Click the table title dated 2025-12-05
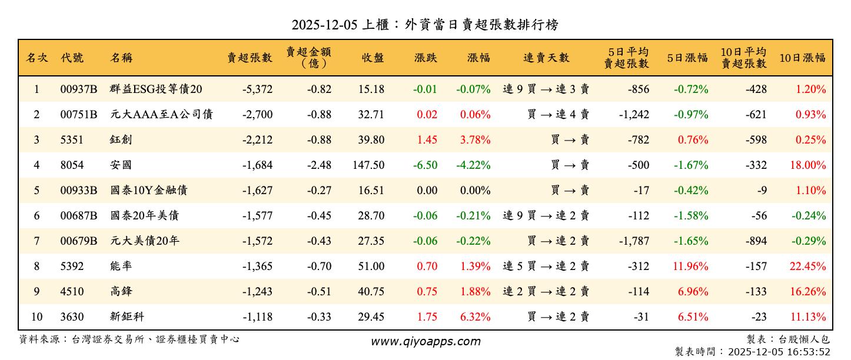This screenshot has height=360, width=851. coord(425,25)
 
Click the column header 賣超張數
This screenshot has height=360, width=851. coord(250,58)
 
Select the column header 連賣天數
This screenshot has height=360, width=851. coord(546,58)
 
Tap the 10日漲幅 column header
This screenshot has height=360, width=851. coord(802,58)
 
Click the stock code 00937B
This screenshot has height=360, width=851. coord(78,89)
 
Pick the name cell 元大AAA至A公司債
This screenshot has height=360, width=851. coord(161,115)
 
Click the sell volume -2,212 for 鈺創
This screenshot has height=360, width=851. coord(257,140)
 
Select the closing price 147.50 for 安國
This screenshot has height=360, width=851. coord(368,165)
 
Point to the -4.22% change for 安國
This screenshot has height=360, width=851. coord(473,165)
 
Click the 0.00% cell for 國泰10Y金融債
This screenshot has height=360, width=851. coord(474,191)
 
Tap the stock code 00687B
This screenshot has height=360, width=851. coord(78,216)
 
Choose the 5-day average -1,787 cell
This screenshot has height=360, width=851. coord(634,241)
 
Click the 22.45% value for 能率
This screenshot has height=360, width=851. coord(807,266)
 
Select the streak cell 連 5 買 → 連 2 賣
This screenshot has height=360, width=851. coord(546,266)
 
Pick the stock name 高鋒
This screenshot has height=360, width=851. coord(121,292)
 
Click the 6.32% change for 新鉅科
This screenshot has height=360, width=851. coord(474,317)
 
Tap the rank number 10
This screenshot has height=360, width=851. coord(36,317)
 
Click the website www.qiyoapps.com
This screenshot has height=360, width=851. coord(425,341)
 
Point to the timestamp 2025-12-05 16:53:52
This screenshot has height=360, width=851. coord(779,352)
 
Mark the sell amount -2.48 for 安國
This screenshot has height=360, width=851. coord(319,165)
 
